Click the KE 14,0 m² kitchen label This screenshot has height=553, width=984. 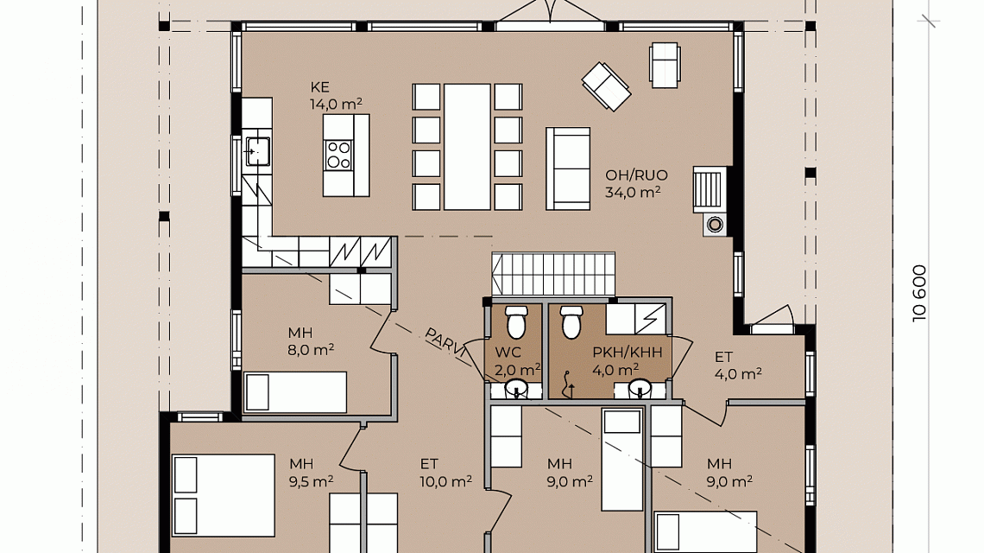[336, 96]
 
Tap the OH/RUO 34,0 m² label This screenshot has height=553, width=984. [635, 183]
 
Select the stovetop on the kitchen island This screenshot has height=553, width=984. [339, 155]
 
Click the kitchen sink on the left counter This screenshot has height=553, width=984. [257, 151]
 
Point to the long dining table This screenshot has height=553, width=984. [467, 146]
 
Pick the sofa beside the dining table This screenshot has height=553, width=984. [568, 168]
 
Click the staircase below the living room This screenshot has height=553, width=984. [553, 273]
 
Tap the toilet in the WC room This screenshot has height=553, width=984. [516, 321]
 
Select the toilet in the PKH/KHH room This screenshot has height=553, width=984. [571, 321]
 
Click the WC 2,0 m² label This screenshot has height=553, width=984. [517, 361]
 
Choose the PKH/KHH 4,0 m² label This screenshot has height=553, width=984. [627, 360]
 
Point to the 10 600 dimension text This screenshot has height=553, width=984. [919, 293]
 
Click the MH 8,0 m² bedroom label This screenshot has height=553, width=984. [310, 341]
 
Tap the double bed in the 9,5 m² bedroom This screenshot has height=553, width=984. [224, 495]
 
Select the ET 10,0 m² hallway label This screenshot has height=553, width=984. [445, 473]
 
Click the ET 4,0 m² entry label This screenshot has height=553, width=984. [738, 365]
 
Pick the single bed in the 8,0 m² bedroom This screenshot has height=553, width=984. [295, 392]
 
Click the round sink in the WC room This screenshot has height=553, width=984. [516, 387]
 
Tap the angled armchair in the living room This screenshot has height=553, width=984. [606, 86]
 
